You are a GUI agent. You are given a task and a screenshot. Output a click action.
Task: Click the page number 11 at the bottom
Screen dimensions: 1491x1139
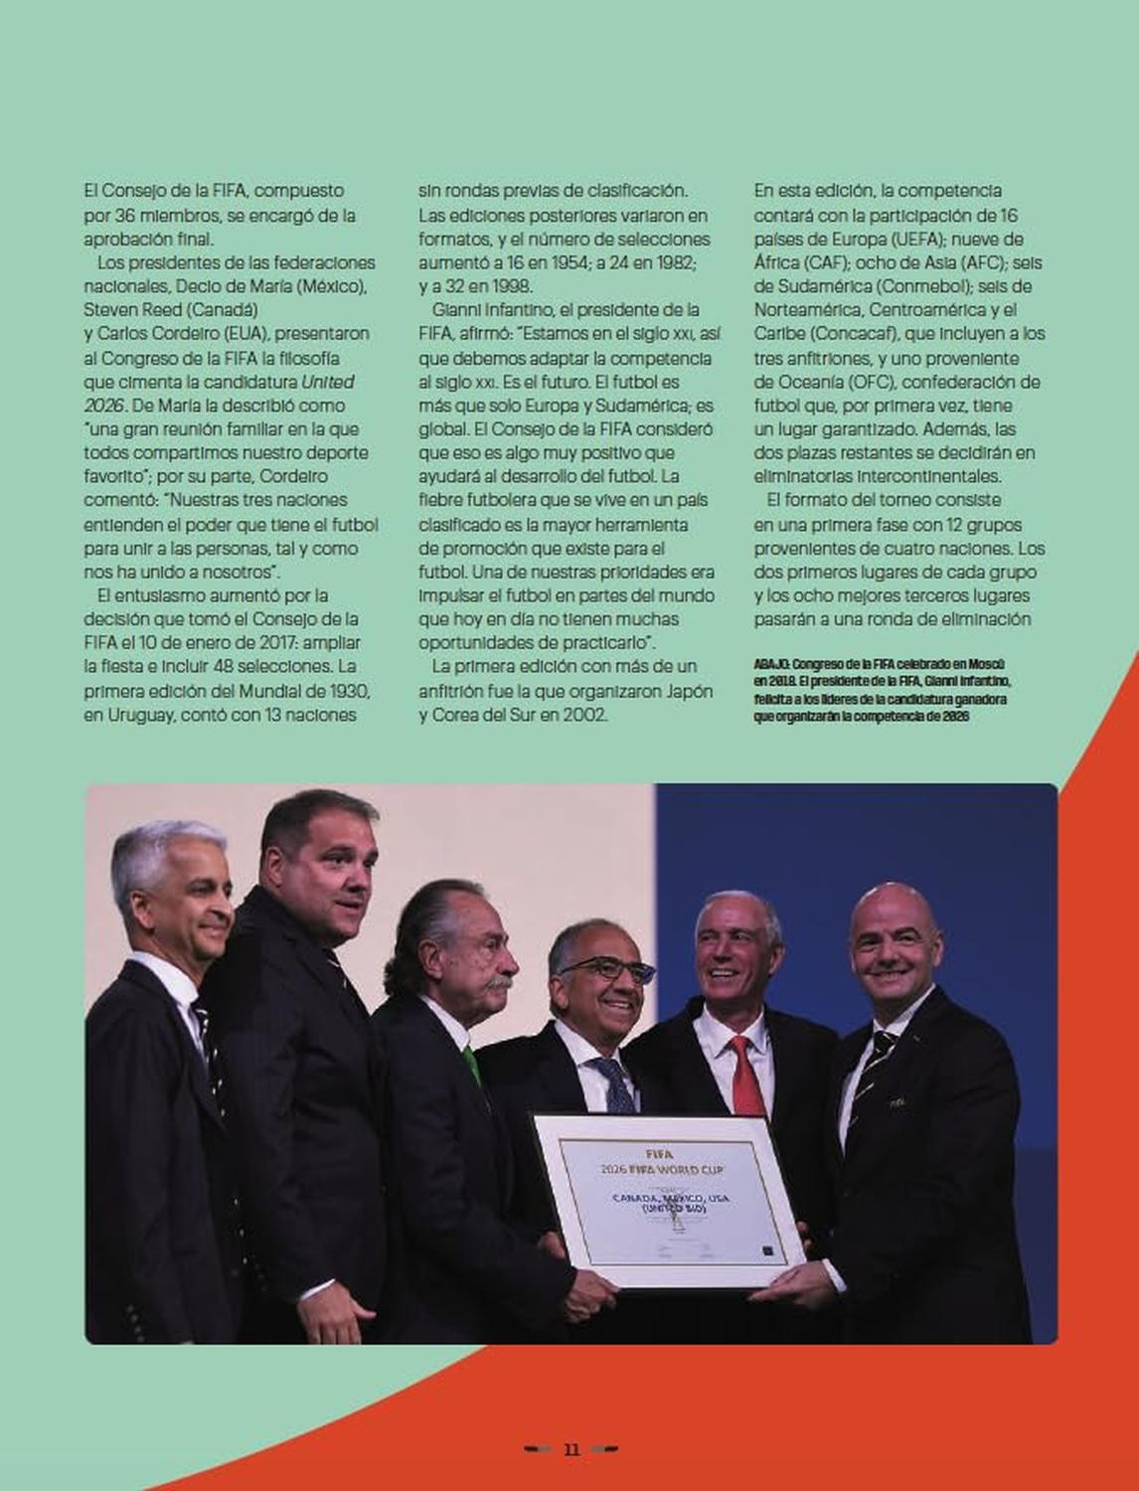(571, 1449)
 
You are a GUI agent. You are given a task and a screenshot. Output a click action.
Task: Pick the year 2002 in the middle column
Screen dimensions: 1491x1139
(580, 714)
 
